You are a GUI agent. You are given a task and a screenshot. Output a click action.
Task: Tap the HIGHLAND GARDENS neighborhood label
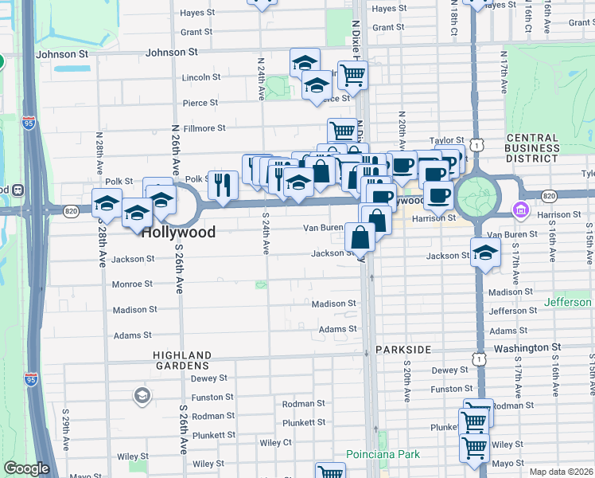click(x=182, y=360)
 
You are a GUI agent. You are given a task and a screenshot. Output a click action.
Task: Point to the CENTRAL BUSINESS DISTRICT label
click(x=532, y=148)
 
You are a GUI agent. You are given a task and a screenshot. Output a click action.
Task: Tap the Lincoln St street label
click(x=200, y=77)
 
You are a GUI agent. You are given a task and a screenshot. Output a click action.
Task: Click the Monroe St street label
click(x=132, y=284)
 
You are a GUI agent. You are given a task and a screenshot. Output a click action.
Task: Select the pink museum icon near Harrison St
click(x=520, y=210)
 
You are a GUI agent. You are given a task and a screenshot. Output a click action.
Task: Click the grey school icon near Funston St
click(x=141, y=394)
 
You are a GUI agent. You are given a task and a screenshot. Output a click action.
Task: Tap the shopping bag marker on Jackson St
click(x=360, y=236)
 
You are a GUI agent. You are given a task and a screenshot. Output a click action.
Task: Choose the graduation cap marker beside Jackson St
click(x=485, y=253)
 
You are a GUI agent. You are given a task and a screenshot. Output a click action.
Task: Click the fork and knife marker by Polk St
click(x=223, y=185)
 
